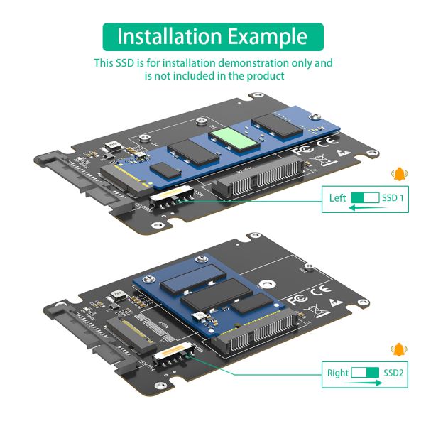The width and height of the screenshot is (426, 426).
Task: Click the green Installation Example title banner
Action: [212, 36]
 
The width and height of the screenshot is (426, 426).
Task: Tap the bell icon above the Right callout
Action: [398, 349]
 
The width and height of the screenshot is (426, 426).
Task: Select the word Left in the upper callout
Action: [338, 198]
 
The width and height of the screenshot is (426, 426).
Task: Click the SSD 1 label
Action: [393, 198]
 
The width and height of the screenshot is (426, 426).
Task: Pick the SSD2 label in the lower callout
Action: [393, 372]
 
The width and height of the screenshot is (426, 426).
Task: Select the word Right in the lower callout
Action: [338, 372]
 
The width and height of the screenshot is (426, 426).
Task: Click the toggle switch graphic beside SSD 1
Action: [366, 198]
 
